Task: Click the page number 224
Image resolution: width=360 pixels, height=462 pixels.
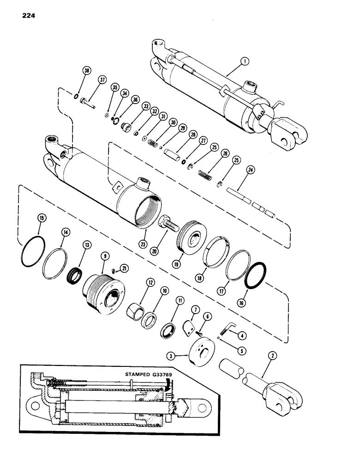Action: click(28, 16)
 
